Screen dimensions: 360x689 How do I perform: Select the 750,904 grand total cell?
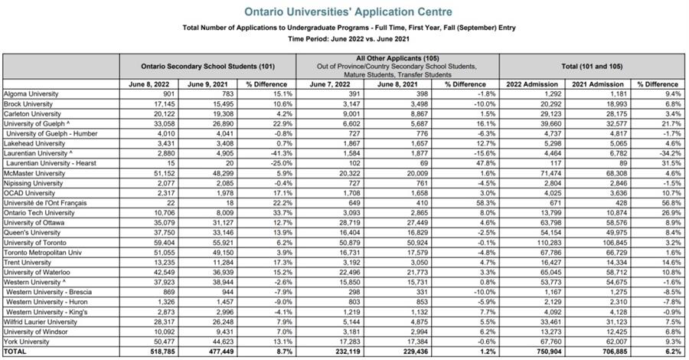[x=536, y=351]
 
